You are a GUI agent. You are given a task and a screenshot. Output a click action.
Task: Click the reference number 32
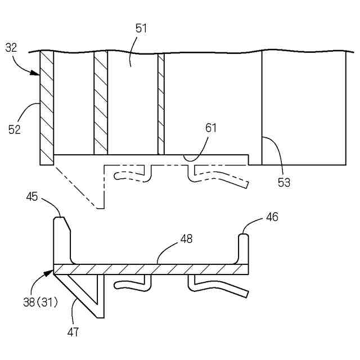coord(11,48)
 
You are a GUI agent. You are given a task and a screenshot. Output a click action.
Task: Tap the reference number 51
coord(141,29)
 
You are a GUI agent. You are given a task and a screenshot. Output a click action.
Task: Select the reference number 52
coord(14,129)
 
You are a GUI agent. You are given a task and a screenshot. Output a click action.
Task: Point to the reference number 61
coord(210,128)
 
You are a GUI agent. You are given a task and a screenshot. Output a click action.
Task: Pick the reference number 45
coord(32,196)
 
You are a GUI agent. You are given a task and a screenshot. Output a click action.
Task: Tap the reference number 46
coord(272,216)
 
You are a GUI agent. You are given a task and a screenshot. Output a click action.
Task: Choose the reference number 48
coord(186,238)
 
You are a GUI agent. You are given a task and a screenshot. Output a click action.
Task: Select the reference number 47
coord(73,332)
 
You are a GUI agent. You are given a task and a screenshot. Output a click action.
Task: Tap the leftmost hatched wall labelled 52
coord(47,107)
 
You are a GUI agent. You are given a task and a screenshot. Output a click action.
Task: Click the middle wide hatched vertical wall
coord(101,104)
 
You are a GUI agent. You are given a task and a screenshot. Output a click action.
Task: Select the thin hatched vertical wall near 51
coord(161,104)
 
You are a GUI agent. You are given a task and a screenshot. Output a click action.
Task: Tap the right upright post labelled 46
coord(243,247)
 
